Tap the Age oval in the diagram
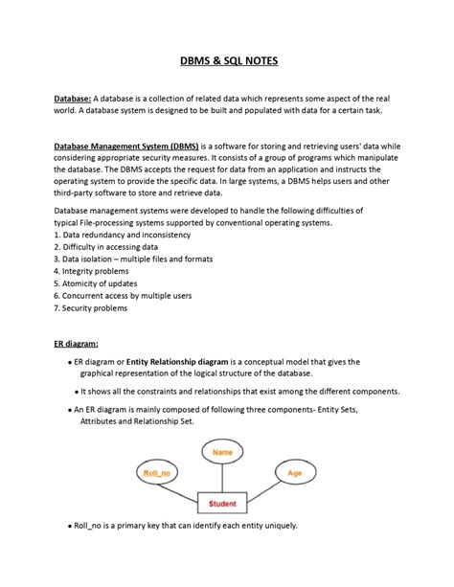[295, 473]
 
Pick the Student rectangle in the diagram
[222, 503]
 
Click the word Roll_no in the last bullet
[90, 526]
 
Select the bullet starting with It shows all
[239, 392]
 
